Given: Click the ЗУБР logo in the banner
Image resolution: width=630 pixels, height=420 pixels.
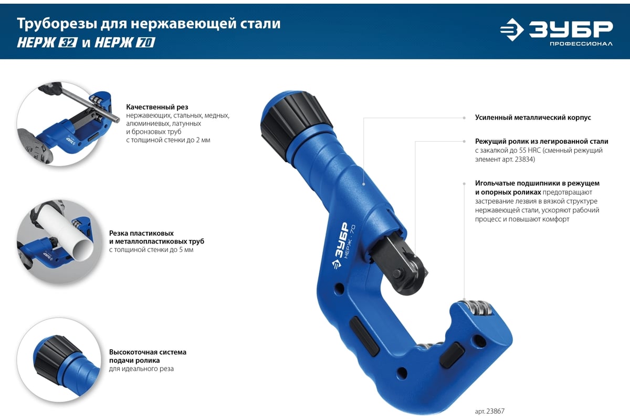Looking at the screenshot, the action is click(x=556, y=29).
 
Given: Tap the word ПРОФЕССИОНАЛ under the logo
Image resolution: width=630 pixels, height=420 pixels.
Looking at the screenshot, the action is click(x=581, y=44).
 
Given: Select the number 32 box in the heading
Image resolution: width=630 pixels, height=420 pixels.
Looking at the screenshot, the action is click(x=68, y=43).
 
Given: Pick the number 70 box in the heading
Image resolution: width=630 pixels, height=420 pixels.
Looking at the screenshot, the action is click(x=145, y=43).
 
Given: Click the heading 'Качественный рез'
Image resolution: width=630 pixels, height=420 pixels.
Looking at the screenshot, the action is click(x=157, y=107).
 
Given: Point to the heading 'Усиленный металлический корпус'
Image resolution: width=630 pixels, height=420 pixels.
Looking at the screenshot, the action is click(x=533, y=118).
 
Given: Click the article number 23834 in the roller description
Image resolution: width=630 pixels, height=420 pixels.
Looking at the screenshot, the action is click(x=524, y=159).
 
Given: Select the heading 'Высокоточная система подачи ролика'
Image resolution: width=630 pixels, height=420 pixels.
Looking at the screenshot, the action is click(x=148, y=356).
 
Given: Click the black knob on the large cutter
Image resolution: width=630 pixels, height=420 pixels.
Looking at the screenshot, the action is click(x=297, y=124).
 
